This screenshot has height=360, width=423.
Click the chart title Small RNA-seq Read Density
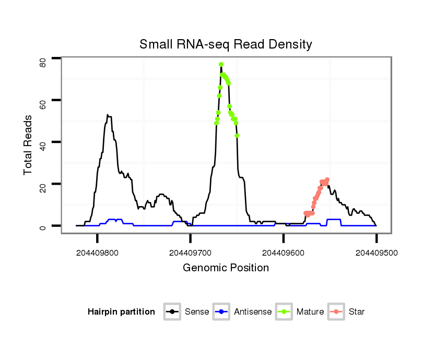226,44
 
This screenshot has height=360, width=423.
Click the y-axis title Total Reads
28,145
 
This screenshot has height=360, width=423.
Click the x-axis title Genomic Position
226,268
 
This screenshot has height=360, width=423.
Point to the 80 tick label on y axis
43,63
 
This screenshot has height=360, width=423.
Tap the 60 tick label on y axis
43,100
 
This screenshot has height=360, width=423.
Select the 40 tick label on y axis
43,142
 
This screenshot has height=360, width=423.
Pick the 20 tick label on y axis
43,184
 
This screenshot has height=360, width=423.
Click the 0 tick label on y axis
43,226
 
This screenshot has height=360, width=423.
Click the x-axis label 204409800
97,253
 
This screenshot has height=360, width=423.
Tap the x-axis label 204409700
190,253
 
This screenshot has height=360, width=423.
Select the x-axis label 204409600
283,253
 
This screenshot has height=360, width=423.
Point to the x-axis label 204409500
376,253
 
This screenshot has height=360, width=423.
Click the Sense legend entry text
197,312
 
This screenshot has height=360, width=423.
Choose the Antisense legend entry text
253,312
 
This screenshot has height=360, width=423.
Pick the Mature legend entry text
310,312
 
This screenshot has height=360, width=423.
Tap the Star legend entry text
357,312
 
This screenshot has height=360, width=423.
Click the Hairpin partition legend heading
121,312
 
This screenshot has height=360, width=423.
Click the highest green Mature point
221,64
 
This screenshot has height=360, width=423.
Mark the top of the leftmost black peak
108,115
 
